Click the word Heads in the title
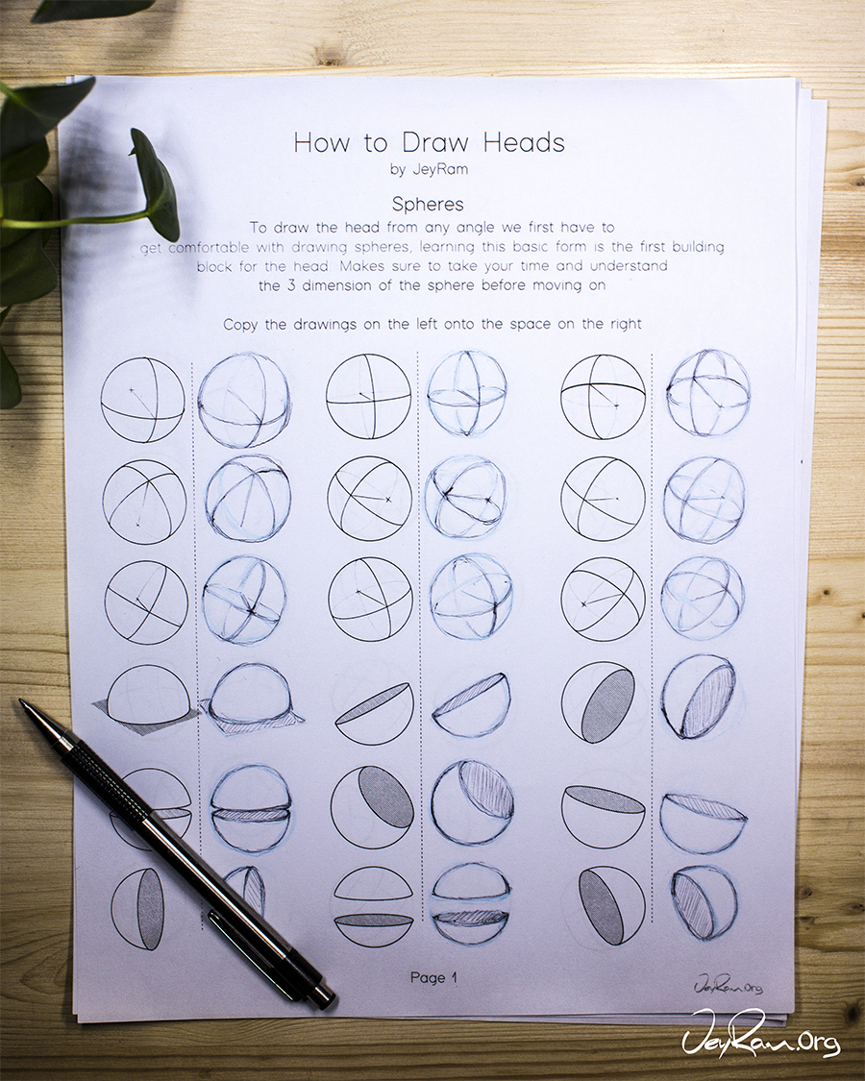pyautogui.click(x=524, y=143)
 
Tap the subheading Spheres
pyautogui.click(x=428, y=204)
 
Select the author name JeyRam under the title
pyautogui.click(x=440, y=169)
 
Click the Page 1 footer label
pyautogui.click(x=433, y=977)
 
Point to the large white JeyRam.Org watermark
pyautogui.click(x=761, y=1033)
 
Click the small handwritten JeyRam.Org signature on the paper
pyautogui.click(x=729, y=985)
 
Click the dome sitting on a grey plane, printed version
pyautogui.click(x=146, y=700)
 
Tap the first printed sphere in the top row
pyautogui.click(x=143, y=399)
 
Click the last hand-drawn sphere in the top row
pyautogui.click(x=707, y=394)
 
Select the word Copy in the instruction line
pyautogui.click(x=240, y=325)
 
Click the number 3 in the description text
pyautogui.click(x=291, y=285)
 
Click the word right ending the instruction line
pyautogui.click(x=626, y=324)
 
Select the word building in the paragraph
pyautogui.click(x=698, y=247)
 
